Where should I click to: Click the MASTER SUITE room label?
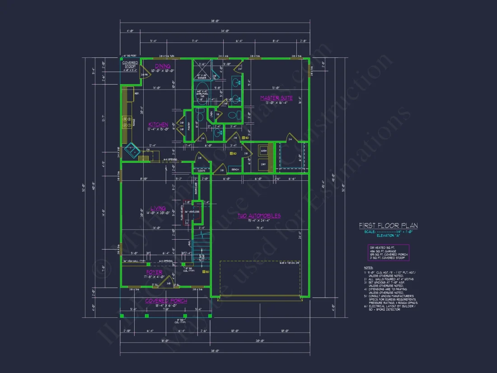(276, 98)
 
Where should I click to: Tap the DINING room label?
(163, 66)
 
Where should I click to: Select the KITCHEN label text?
(158, 124)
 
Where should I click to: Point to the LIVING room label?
(158, 208)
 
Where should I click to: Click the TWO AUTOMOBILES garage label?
(259, 216)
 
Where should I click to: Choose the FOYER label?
(154, 272)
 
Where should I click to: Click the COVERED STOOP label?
(130, 65)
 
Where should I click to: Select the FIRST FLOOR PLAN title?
(388, 225)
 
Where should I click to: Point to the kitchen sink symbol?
(131, 149)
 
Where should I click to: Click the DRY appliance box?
(263, 164)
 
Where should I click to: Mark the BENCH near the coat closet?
(234, 170)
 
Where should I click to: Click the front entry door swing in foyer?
(167, 281)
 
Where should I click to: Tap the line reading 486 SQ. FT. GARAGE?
(381, 251)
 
